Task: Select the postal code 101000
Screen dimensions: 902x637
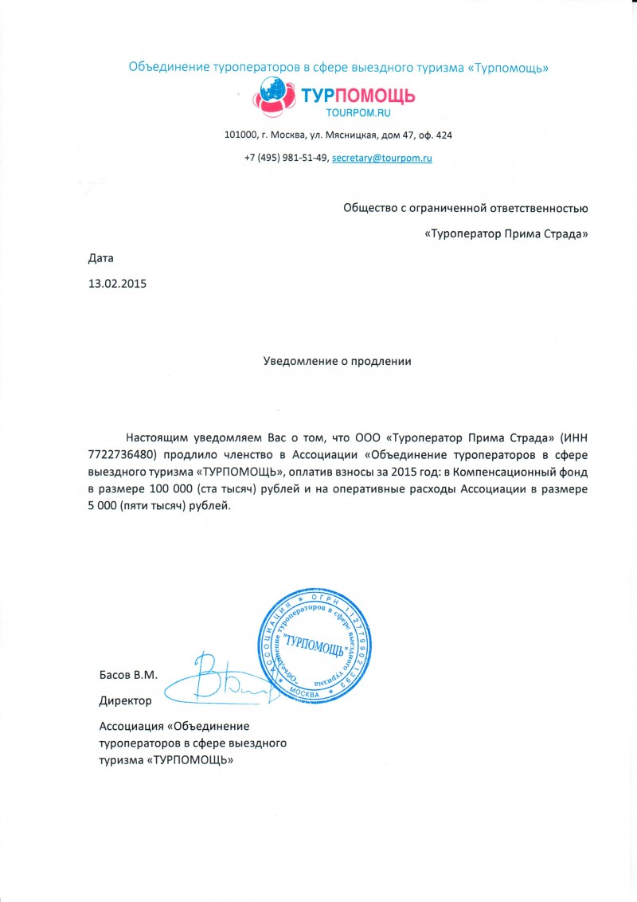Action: (x=241, y=135)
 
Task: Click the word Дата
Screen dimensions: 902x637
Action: (x=101, y=258)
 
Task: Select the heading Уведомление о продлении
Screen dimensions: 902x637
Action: (x=338, y=361)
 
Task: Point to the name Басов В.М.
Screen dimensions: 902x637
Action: (x=128, y=675)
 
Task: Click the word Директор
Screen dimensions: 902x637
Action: (x=125, y=700)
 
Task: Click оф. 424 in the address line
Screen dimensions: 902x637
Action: (x=436, y=135)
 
